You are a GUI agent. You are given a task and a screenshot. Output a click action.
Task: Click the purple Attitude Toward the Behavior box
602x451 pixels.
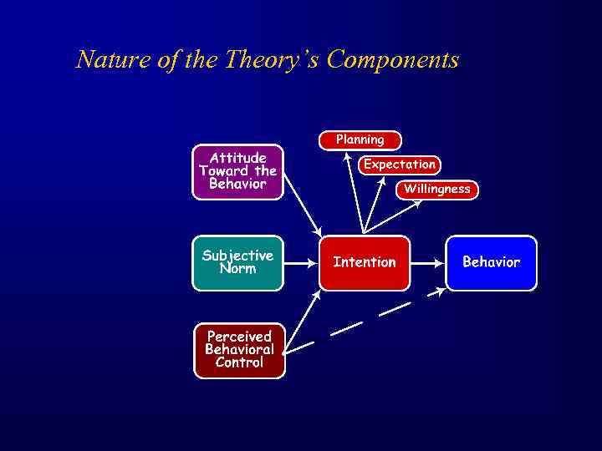click(x=238, y=172)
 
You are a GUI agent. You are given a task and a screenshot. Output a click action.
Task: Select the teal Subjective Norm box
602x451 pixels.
click(x=238, y=262)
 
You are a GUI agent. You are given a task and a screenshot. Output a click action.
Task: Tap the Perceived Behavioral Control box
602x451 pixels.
click(x=239, y=350)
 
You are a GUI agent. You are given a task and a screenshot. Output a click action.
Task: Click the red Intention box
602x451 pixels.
click(x=365, y=262)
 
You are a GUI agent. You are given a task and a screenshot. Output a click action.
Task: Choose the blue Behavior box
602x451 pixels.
click(x=491, y=262)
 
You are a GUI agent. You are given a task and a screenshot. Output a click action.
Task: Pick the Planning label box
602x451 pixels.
click(x=360, y=140)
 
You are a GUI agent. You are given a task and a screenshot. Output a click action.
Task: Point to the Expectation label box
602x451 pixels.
click(x=400, y=165)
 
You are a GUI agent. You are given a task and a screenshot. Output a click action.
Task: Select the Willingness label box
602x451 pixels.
click(x=436, y=190)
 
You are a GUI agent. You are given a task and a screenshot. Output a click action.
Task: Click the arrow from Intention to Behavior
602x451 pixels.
click(x=427, y=262)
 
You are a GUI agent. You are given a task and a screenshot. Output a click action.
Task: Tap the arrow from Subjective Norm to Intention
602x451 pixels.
click(x=301, y=262)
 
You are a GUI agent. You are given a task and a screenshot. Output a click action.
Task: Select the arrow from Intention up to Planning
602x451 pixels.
click(x=356, y=196)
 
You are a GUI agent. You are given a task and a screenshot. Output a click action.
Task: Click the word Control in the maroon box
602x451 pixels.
click(x=239, y=363)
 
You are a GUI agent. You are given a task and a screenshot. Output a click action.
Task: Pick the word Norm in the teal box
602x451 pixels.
click(x=238, y=269)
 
